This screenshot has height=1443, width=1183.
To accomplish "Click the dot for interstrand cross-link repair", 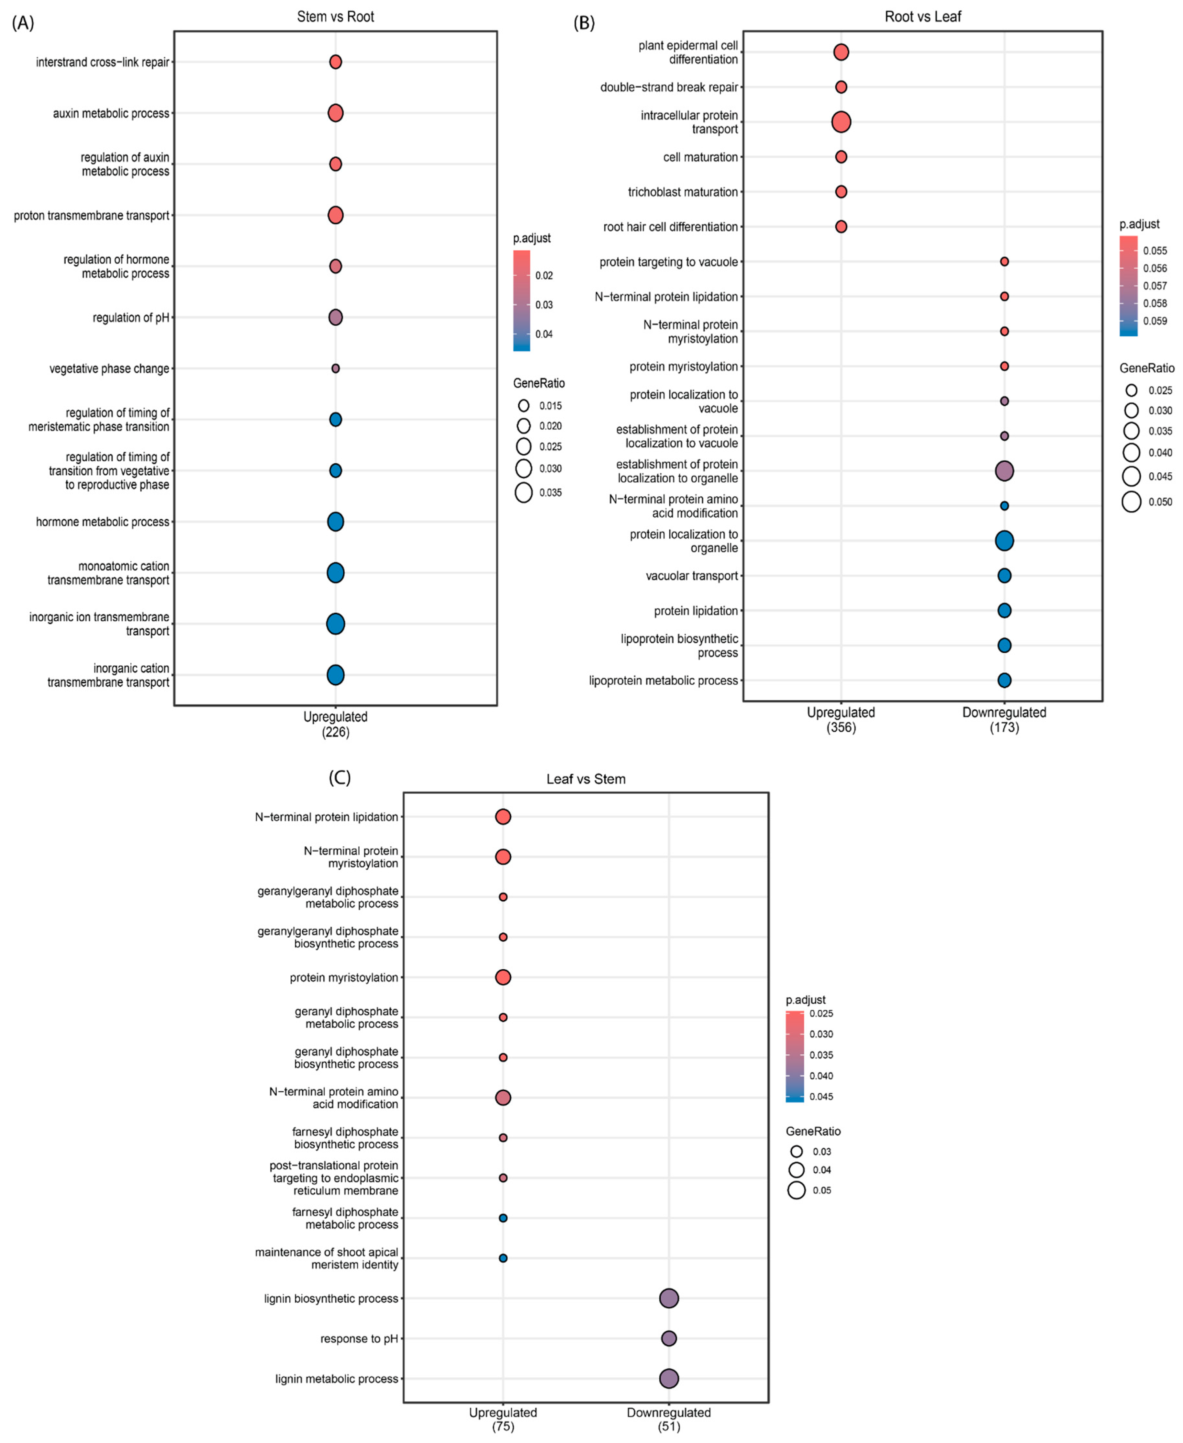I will pos(335,62).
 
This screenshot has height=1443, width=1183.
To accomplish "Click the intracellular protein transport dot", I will pos(841,122).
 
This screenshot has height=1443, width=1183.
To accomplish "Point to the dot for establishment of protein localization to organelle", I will pos(1004,471).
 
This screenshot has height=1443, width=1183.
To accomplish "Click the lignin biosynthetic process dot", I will pos(668,1299).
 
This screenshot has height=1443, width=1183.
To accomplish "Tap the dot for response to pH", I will pos(668,1339).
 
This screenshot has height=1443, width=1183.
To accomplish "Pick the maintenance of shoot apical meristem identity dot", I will pos(503,1258).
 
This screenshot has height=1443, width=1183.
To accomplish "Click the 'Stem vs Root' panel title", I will pos(335,17).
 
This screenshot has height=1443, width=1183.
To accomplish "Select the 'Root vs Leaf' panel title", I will pos(923,17).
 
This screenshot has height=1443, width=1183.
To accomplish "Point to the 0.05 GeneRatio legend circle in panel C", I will pos(796,1190).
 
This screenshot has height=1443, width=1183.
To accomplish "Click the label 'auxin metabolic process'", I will pos(111,113).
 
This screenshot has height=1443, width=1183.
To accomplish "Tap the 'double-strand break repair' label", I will pos(668,87).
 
